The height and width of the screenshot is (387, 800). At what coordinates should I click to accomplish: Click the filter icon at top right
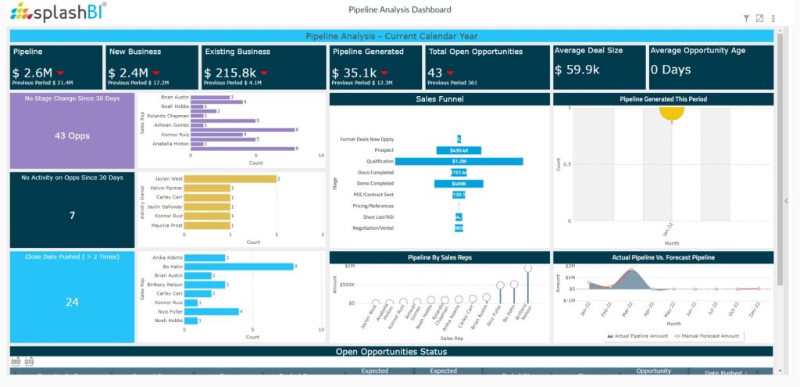click(x=746, y=18)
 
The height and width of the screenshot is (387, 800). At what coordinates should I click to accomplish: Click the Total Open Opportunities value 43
click(x=434, y=72)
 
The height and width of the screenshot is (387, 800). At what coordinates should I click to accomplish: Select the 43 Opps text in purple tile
click(x=72, y=135)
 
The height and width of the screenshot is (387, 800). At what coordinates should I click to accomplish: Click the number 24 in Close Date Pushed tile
click(x=72, y=302)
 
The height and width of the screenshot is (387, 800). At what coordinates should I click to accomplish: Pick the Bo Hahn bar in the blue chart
click(x=238, y=267)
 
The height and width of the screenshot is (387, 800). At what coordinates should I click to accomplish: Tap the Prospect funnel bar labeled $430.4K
click(x=459, y=150)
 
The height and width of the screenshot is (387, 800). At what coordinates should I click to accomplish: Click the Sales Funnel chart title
click(x=439, y=99)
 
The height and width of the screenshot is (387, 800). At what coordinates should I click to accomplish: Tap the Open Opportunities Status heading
click(x=391, y=352)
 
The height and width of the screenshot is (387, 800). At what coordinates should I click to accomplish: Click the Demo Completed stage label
click(x=376, y=183)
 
